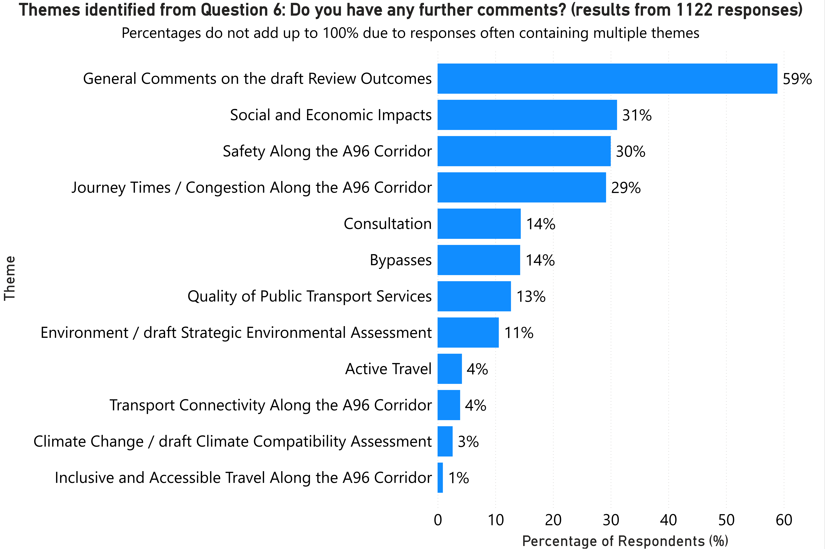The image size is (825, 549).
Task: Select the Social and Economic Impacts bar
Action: (527, 115)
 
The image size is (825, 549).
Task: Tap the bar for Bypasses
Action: (479, 260)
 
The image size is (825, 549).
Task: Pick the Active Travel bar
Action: (449, 369)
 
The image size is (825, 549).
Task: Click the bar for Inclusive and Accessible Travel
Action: (440, 478)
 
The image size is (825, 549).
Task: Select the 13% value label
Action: (531, 297)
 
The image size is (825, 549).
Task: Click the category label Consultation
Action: (387, 224)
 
